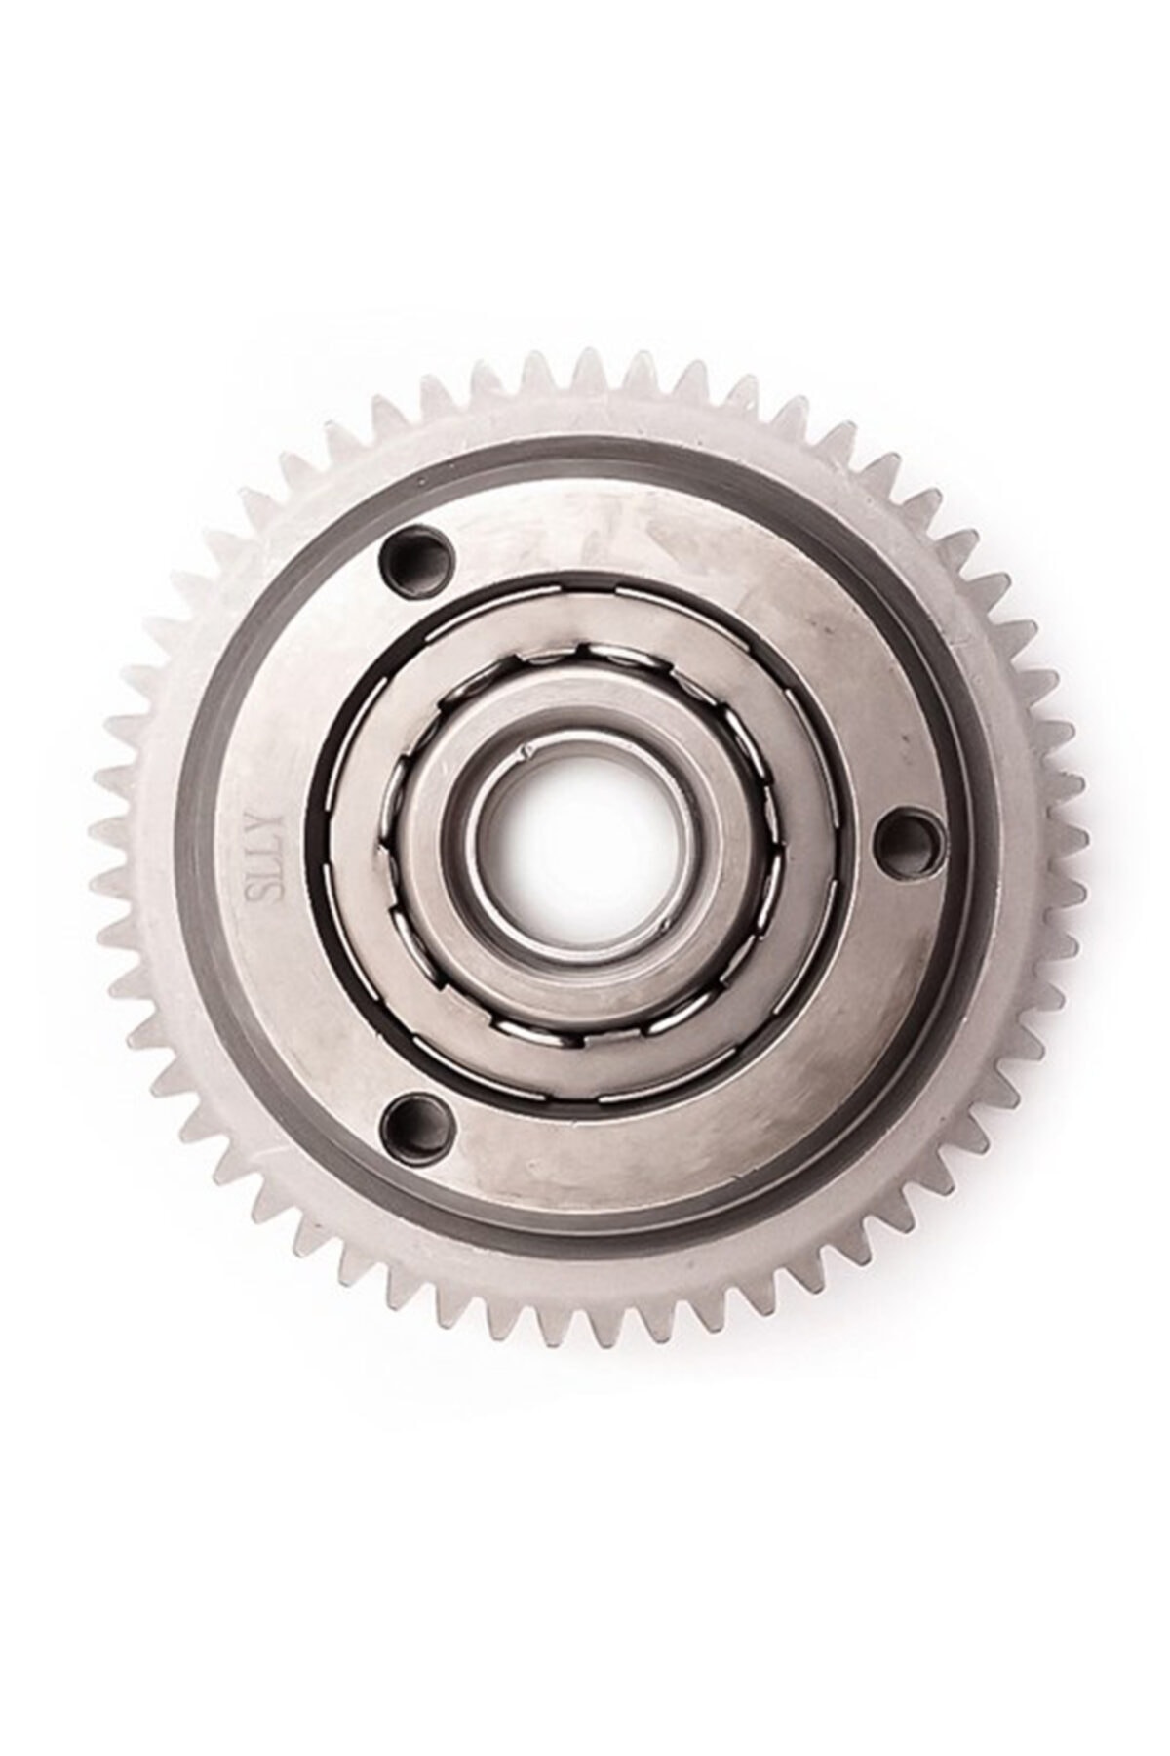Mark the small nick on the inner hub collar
tap(500, 752)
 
